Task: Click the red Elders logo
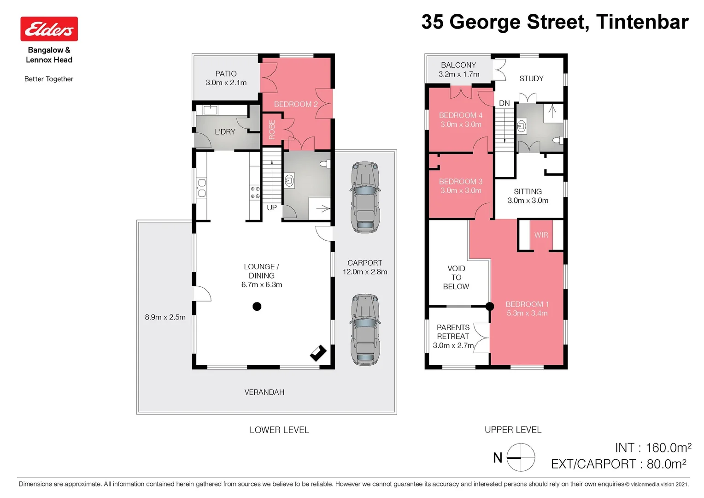tap(49, 29)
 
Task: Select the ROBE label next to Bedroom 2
tap(272, 130)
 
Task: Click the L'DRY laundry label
tap(225, 132)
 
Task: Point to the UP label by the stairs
tap(272, 207)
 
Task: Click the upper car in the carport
tap(365, 197)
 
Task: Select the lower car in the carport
tap(365, 330)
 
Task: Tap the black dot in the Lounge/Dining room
tap(257, 306)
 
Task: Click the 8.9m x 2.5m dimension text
tap(165, 317)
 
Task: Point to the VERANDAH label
tap(264, 392)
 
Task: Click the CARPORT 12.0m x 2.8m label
tap(365, 267)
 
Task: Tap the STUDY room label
tap(531, 79)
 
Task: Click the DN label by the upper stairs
tap(505, 103)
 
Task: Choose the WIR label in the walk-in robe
tap(541, 235)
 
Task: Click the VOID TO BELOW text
tap(456, 278)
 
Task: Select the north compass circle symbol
tap(521, 457)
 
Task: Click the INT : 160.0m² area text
tap(653, 448)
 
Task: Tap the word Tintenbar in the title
tap(642, 22)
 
